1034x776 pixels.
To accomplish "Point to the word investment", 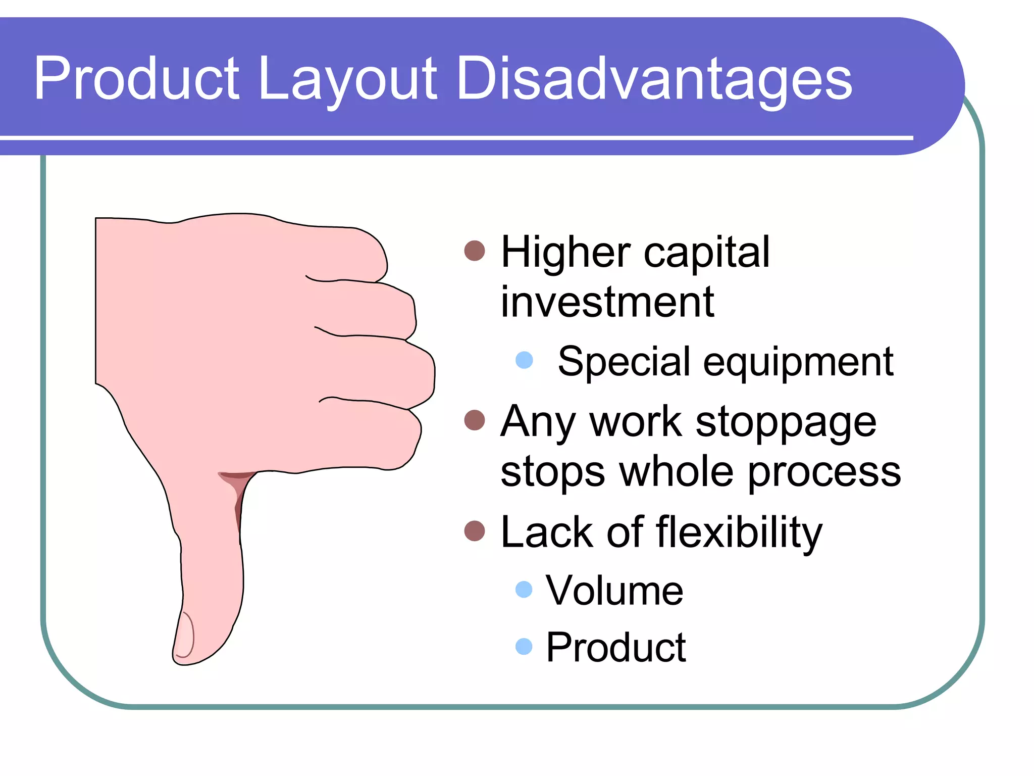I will [607, 302].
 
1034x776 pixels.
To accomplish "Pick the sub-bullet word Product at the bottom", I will [615, 647].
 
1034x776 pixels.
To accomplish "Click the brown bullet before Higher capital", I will [474, 251].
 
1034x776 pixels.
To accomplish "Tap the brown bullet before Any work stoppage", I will [474, 420].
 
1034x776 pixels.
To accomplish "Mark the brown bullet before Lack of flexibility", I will [474, 531].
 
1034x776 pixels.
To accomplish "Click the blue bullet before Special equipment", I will [524, 360].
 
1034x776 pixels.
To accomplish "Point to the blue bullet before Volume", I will [524, 589].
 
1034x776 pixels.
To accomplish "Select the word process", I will [824, 472].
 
